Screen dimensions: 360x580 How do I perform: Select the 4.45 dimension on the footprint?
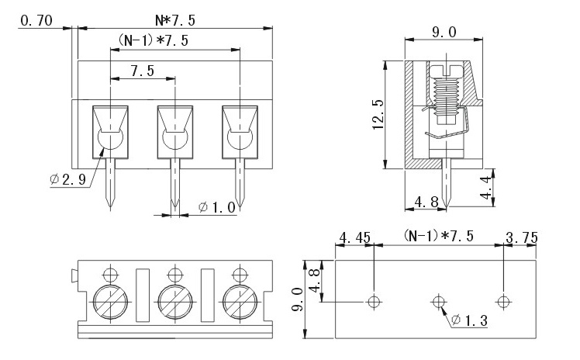coord(354,237)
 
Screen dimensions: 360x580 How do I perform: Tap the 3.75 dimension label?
coord(521,237)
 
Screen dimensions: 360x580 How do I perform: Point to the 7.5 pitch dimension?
coord(142,70)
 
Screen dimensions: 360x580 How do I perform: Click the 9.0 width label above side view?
coord(443,33)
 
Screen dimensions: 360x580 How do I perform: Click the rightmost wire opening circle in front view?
coord(240,140)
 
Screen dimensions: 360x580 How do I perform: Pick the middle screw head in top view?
coord(175,298)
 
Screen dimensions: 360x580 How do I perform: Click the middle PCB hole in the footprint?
coord(439,300)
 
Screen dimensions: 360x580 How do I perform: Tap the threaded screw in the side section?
coord(444,93)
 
